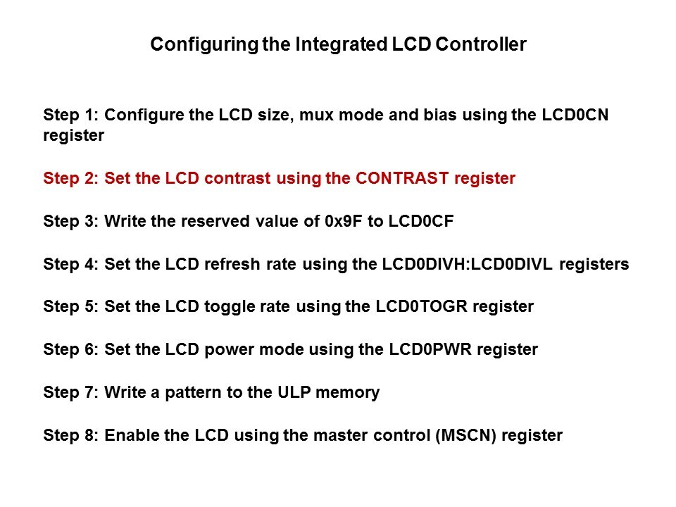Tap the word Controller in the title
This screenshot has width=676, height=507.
tap(481, 44)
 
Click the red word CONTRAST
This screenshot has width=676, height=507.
tap(402, 178)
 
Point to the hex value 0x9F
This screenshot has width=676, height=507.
tap(344, 221)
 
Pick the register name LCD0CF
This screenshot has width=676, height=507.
tap(421, 221)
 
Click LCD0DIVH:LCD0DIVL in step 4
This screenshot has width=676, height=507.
tap(468, 264)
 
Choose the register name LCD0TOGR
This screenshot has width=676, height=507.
tap(422, 306)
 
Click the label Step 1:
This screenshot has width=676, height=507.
tap(71, 115)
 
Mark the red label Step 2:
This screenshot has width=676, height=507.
tap(71, 179)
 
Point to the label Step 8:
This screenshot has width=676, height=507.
tap(71, 436)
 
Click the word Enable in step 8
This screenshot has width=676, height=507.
tap(132, 435)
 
